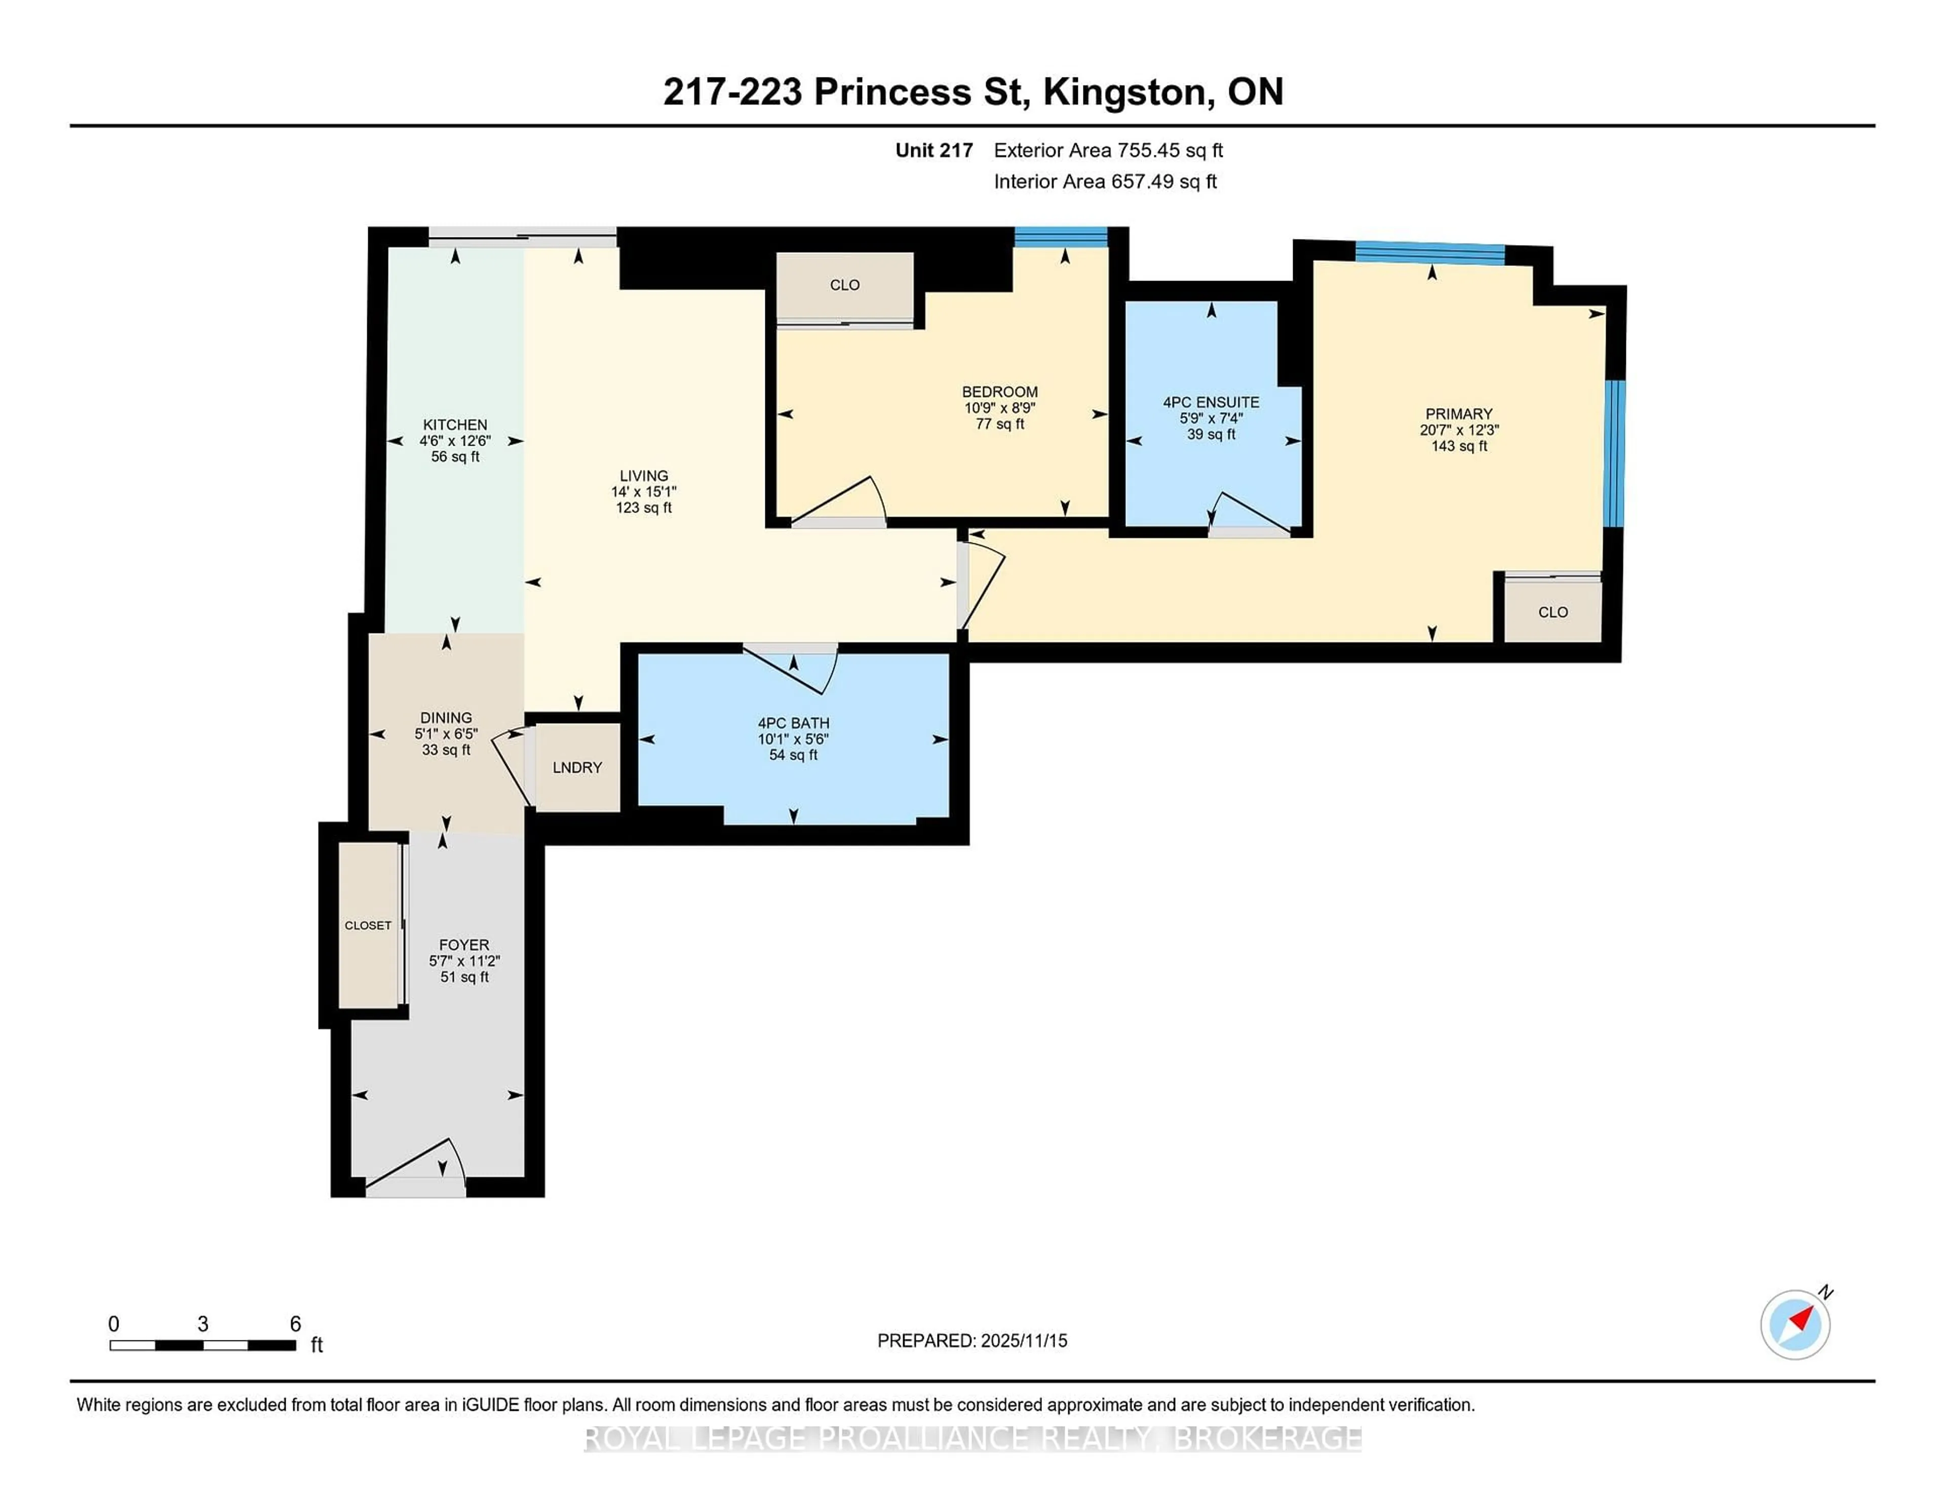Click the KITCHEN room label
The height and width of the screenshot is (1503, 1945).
[x=455, y=425]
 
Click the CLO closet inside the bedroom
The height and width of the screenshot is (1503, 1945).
[x=844, y=285]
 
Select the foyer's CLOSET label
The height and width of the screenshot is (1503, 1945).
[x=368, y=925]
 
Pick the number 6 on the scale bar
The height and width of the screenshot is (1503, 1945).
[x=296, y=1324]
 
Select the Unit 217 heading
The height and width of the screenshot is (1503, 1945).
[x=933, y=150]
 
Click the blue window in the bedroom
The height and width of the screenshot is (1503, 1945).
[x=1061, y=237]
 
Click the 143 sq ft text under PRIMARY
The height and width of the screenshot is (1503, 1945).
[x=1459, y=446]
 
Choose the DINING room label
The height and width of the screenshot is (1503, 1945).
[x=446, y=718]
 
